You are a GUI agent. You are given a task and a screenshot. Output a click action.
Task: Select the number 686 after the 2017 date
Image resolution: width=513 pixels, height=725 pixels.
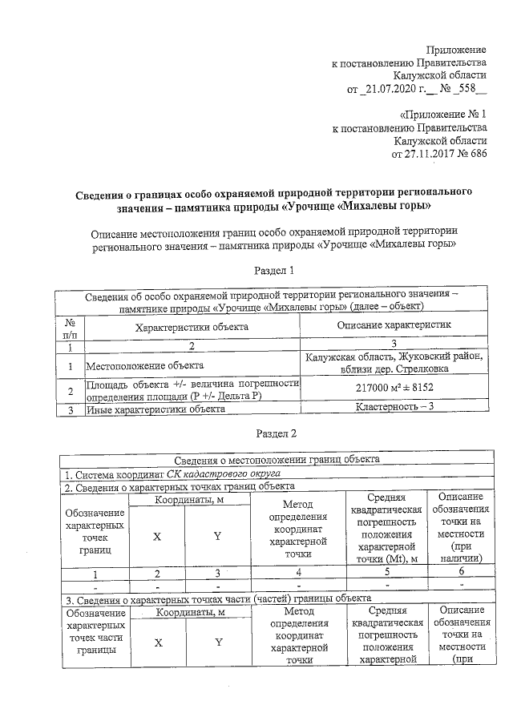coord(477,154)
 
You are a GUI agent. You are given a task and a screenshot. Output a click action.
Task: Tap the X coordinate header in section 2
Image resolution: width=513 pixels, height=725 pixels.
coord(158,536)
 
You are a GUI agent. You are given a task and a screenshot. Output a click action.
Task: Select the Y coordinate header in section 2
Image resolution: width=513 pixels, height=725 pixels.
coord(217,536)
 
